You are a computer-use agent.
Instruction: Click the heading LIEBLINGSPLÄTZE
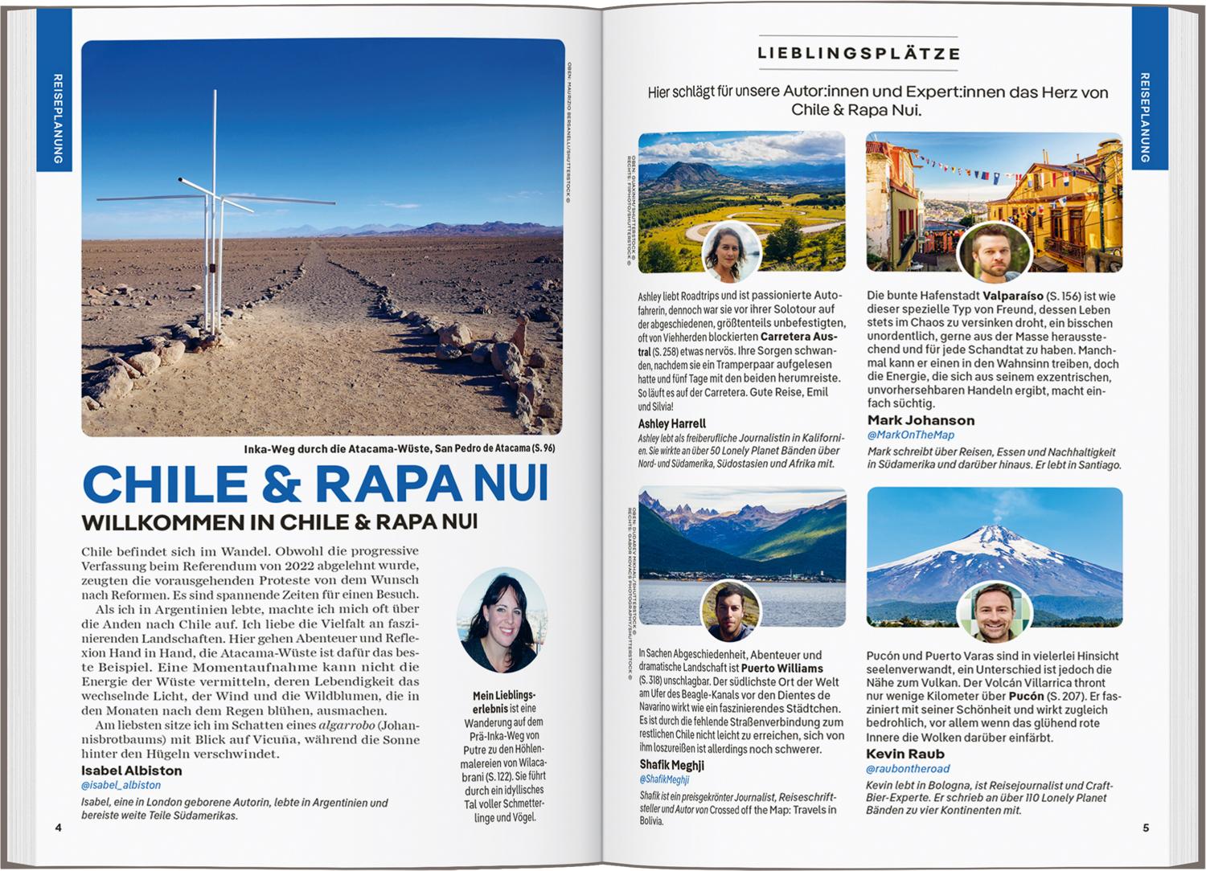(858, 54)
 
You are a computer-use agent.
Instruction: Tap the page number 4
(58, 828)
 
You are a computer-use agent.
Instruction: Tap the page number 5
(1146, 828)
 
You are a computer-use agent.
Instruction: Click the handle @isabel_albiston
(121, 785)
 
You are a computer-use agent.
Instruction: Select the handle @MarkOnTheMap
(911, 435)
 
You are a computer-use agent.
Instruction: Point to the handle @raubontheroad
(907, 769)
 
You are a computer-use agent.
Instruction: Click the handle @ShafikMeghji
(664, 779)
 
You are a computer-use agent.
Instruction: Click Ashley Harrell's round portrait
(732, 251)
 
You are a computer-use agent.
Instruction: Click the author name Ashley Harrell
(672, 423)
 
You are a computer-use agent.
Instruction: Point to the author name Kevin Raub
(905, 754)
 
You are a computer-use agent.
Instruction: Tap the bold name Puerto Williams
(781, 669)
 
